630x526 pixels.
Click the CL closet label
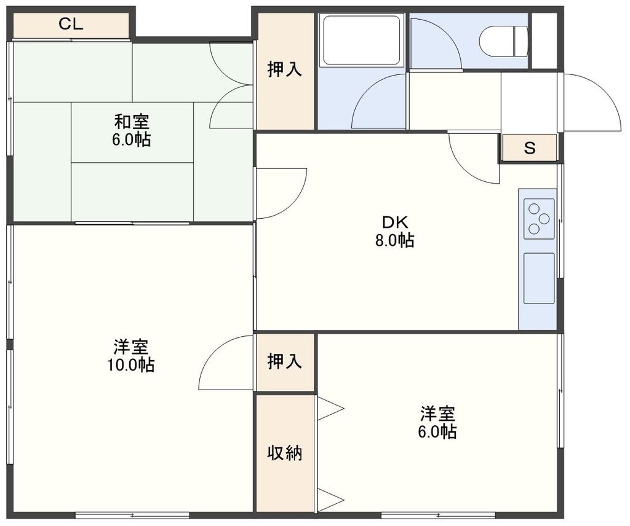click(x=71, y=25)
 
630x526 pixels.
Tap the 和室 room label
click(x=131, y=121)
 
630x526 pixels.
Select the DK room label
click(x=394, y=222)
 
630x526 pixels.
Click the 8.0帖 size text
click(x=394, y=240)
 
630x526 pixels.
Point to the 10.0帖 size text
click(x=131, y=365)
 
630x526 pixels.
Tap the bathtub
click(x=361, y=40)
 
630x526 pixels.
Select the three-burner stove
click(x=539, y=219)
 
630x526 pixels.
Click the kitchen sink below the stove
click(x=539, y=278)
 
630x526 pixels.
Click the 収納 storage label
click(x=284, y=453)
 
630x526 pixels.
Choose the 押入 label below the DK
click(x=284, y=362)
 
